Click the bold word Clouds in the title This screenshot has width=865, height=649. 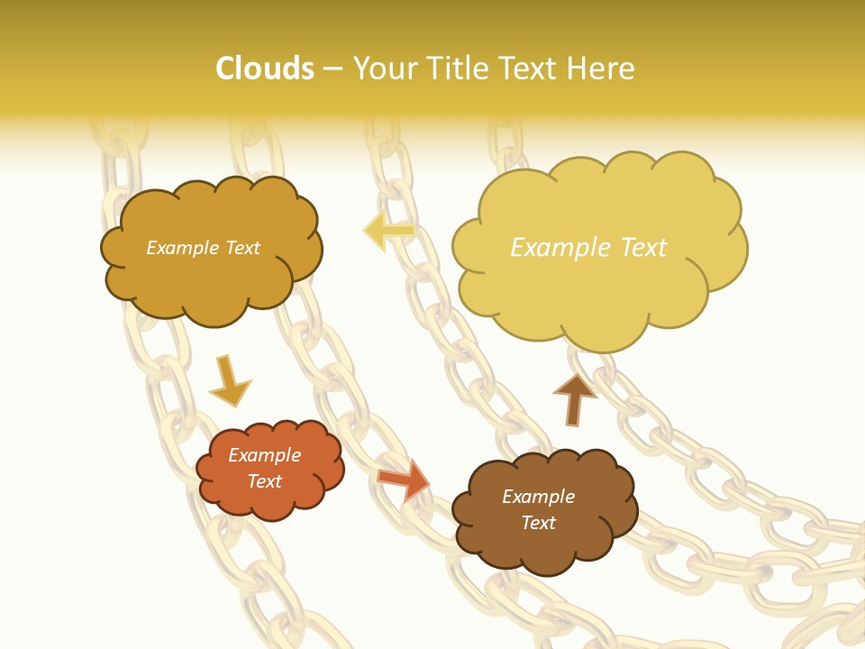pyautogui.click(x=265, y=69)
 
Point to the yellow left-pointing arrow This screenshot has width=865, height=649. pyautogui.click(x=388, y=231)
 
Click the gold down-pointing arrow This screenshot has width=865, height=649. pyautogui.click(x=229, y=381)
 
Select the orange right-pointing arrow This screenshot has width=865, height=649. pyautogui.click(x=404, y=479)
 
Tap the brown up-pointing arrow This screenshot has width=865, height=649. pyautogui.click(x=575, y=398)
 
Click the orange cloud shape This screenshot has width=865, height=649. pyautogui.click(x=269, y=469)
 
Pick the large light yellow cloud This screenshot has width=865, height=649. pyautogui.click(x=598, y=248)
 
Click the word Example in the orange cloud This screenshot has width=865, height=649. pyautogui.click(x=265, y=455)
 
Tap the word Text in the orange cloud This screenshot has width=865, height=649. pyautogui.click(x=265, y=481)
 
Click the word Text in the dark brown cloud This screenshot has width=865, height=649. pyautogui.click(x=539, y=523)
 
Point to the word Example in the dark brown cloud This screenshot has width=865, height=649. pyautogui.click(x=539, y=497)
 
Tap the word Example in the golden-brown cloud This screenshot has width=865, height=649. pyautogui.click(x=181, y=248)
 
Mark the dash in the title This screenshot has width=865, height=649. pyautogui.click(x=332, y=69)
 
